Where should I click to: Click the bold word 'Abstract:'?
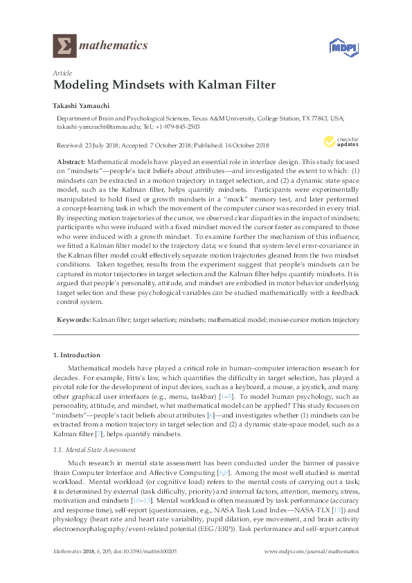click(x=70, y=161)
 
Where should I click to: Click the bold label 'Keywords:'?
click(x=72, y=320)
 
